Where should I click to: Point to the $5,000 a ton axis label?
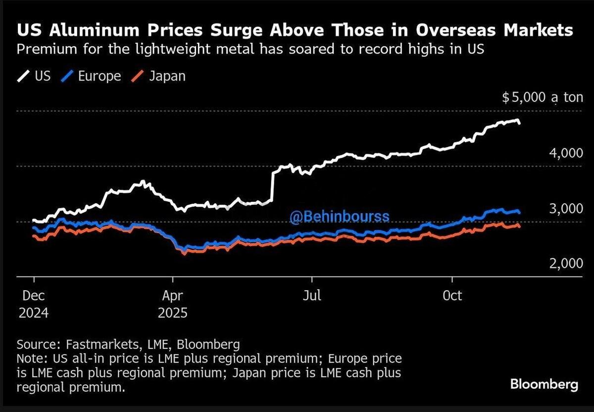[x=543, y=97]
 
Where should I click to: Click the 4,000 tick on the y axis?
[x=566, y=153]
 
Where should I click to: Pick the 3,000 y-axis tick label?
[x=566, y=209]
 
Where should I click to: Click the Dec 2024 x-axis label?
[x=34, y=304]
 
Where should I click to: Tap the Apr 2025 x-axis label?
[x=172, y=304]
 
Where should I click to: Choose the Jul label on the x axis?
[x=312, y=296]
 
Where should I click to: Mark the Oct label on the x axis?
[x=452, y=296]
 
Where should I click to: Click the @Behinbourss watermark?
[x=340, y=217]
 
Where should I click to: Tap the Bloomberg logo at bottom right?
[x=544, y=384]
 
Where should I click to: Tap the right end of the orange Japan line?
[x=519, y=226]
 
